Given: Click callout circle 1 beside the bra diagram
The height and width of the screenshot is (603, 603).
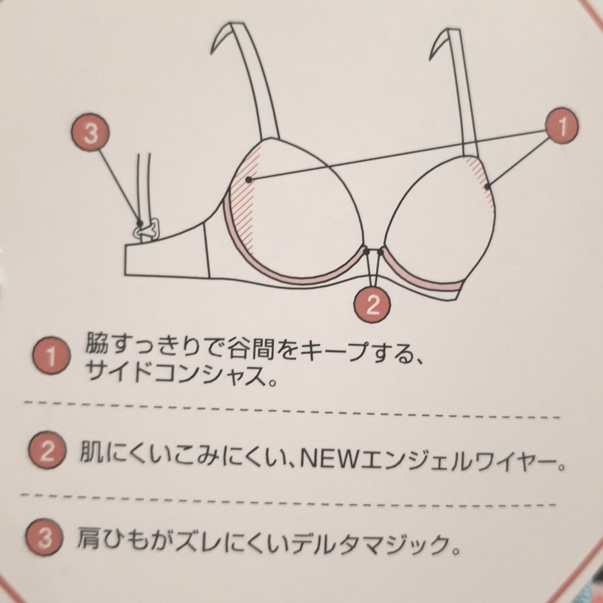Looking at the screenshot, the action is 562,127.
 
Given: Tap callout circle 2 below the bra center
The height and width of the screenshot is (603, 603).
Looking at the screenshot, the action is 372,303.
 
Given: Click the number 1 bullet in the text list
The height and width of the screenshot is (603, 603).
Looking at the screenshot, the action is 52,358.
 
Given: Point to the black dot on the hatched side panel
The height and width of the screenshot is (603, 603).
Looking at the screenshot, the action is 248,180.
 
